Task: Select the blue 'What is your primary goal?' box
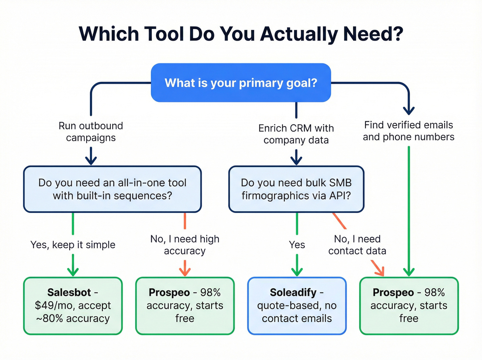click(241, 83)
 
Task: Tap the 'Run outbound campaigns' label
click(91, 132)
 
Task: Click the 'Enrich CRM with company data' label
click(296, 134)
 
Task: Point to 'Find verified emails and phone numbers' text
click(409, 131)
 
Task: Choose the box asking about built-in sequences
click(112, 189)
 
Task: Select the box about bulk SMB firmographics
click(296, 189)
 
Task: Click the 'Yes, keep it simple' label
click(73, 245)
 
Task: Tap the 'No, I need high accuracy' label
click(185, 245)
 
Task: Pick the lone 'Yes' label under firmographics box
click(297, 245)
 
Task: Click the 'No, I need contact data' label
click(357, 245)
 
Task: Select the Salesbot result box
click(73, 306)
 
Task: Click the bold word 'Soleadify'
click(293, 292)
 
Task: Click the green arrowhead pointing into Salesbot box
click(73, 271)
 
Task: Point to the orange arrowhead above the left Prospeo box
click(185, 271)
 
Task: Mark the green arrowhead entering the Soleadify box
click(297, 271)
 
